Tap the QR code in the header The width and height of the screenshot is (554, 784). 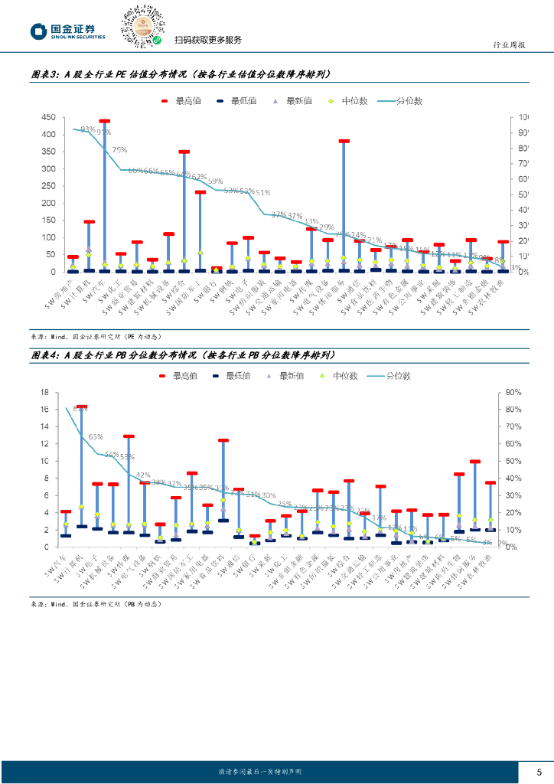pos(142,25)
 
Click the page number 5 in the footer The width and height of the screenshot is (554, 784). pos(539,771)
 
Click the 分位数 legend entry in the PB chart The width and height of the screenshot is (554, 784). pos(389,376)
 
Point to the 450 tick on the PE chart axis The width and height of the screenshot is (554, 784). pos(48,117)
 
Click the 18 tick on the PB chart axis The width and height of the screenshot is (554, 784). pos(44,392)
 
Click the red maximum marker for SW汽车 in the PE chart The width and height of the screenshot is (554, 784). pos(105,121)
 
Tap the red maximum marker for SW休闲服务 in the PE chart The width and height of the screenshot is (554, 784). pos(344,141)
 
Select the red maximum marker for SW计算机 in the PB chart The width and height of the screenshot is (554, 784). pos(82,407)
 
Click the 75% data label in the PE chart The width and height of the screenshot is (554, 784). pos(119,150)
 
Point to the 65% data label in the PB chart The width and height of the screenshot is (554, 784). pos(96,437)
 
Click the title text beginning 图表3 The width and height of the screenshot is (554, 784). pos(179,74)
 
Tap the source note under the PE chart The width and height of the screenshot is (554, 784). pos(96,336)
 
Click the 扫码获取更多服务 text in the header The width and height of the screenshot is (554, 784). pos(208,40)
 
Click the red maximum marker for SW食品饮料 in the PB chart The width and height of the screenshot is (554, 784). pos(223,440)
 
